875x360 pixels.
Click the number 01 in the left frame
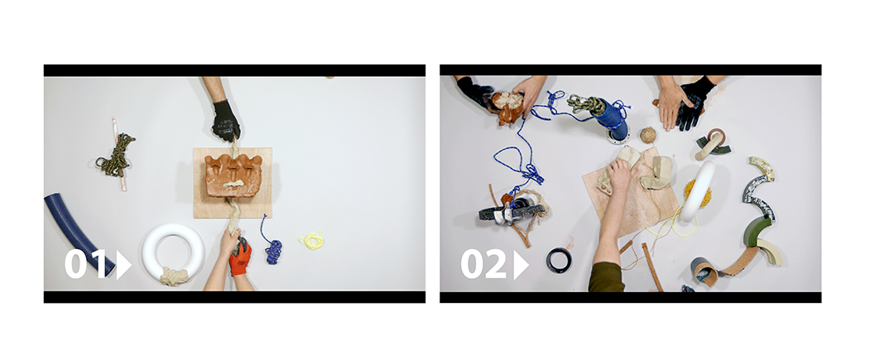pos(84,264)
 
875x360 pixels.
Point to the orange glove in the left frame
pos(241,257)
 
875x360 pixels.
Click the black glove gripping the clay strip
pos(226,121)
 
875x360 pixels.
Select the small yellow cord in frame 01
pos(311,241)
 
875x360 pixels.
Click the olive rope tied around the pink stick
pos(116,155)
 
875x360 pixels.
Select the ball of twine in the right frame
pos(647,135)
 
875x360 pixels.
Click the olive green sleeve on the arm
pos(607,277)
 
